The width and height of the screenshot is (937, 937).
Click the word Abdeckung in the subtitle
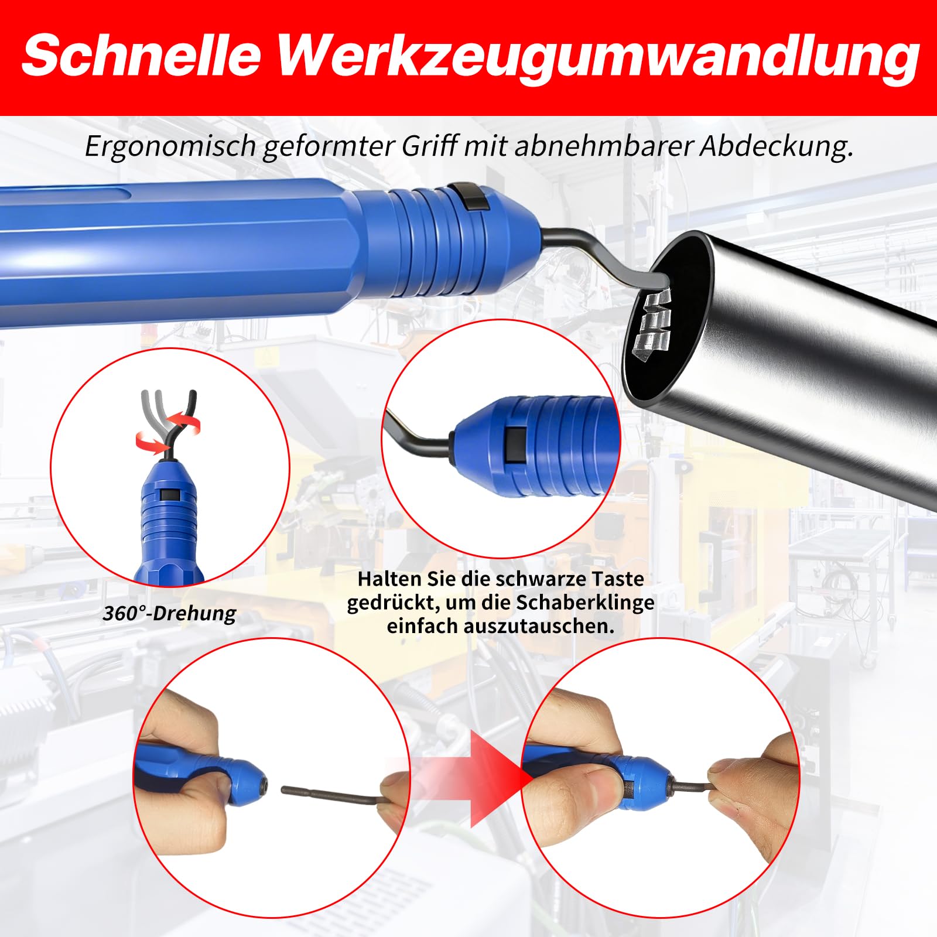777,146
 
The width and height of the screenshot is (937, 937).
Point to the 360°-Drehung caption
169,613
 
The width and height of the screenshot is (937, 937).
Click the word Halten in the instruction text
389,579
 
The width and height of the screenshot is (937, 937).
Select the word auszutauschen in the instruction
539,626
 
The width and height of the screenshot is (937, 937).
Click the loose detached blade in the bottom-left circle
334,795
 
